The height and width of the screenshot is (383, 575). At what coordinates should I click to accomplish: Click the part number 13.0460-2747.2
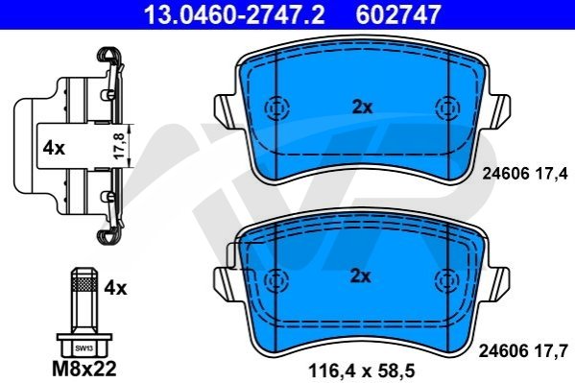pyautogui.click(x=234, y=14)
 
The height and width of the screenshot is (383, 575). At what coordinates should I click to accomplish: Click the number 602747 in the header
pyautogui.click(x=397, y=14)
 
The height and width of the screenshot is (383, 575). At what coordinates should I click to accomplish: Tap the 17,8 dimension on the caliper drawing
pyautogui.click(x=120, y=146)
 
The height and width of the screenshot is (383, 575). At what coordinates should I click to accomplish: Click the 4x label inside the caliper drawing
pyautogui.click(x=54, y=148)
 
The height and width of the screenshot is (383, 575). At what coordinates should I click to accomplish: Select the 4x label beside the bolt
pyautogui.click(x=115, y=288)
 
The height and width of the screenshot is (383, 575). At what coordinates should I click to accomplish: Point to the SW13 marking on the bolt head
pyautogui.click(x=84, y=348)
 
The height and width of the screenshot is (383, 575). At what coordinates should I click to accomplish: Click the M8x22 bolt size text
pyautogui.click(x=84, y=369)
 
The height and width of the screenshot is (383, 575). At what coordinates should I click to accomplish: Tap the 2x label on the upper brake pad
pyautogui.click(x=362, y=108)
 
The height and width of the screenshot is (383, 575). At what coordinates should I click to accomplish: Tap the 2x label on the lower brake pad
pyautogui.click(x=361, y=275)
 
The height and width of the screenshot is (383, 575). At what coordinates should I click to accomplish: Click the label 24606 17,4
pyautogui.click(x=525, y=173)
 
